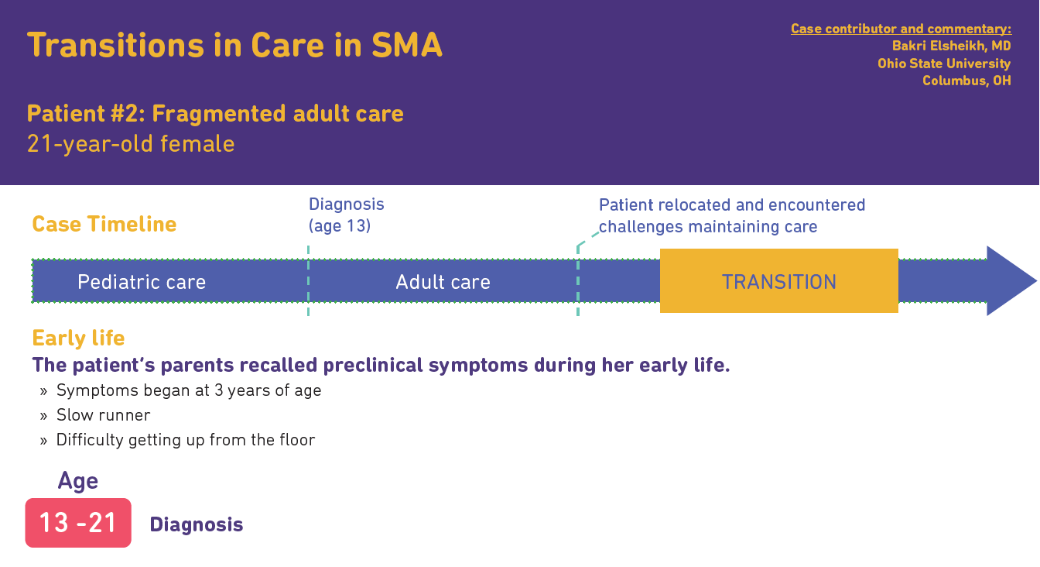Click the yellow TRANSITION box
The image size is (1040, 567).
(778, 280)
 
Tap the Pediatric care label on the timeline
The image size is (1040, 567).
(142, 282)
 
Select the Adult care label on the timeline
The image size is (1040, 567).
(443, 282)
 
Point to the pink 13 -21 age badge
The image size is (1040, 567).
(78, 523)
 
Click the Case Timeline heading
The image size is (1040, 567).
(104, 224)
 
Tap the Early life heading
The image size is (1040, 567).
(78, 338)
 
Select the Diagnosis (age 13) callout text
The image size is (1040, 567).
(347, 215)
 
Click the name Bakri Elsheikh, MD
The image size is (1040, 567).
(951, 46)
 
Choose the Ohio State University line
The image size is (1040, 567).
(944, 64)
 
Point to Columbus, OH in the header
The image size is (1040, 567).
(966, 81)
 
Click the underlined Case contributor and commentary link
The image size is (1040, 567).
(901, 29)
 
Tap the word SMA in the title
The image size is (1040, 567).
(407, 45)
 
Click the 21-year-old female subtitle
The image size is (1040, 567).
(131, 144)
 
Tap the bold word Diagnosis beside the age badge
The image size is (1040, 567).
(196, 524)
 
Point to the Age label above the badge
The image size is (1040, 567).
(77, 481)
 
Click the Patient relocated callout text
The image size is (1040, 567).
(732, 215)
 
